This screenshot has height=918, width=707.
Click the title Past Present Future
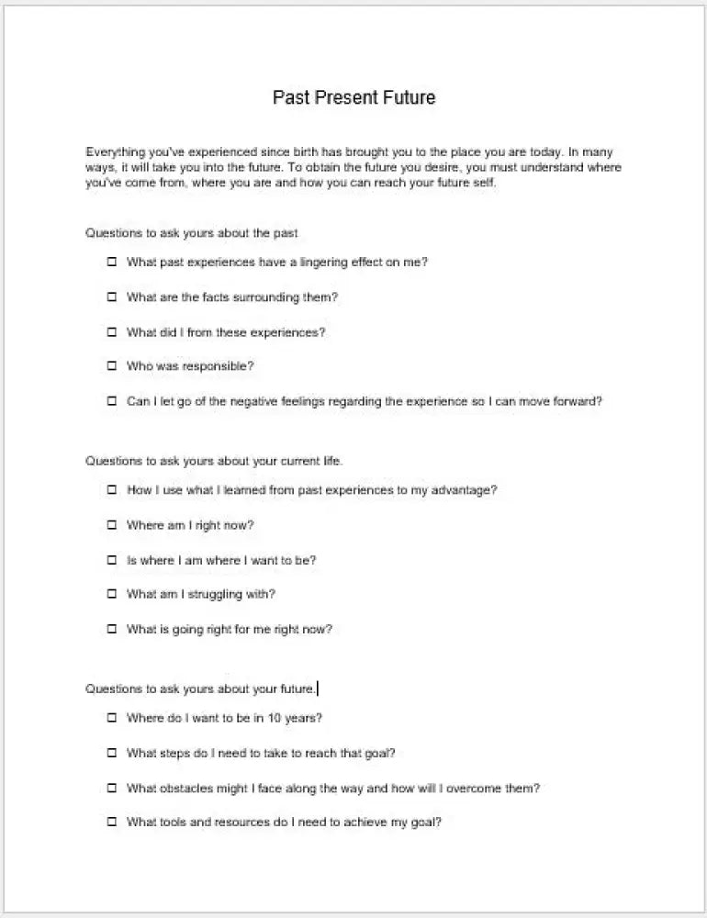pos(353,97)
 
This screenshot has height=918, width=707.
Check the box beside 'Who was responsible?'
pos(112,366)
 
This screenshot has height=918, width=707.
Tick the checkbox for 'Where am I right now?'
pos(112,525)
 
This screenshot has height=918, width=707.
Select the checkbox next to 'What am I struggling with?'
pos(112,594)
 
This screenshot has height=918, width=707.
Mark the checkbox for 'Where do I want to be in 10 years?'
pos(112,718)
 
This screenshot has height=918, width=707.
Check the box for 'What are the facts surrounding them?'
pos(112,297)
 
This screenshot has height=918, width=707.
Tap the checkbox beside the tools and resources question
pos(112,823)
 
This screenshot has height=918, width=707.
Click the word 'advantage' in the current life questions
pos(464,490)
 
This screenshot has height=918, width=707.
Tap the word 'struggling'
pos(217,594)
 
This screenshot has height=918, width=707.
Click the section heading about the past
pos(192,233)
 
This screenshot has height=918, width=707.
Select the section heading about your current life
pos(214,461)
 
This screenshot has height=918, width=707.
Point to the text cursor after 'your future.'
pos(318,688)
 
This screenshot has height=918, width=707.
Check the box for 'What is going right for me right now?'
pos(112,630)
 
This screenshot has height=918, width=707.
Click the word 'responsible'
pos(218,366)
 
